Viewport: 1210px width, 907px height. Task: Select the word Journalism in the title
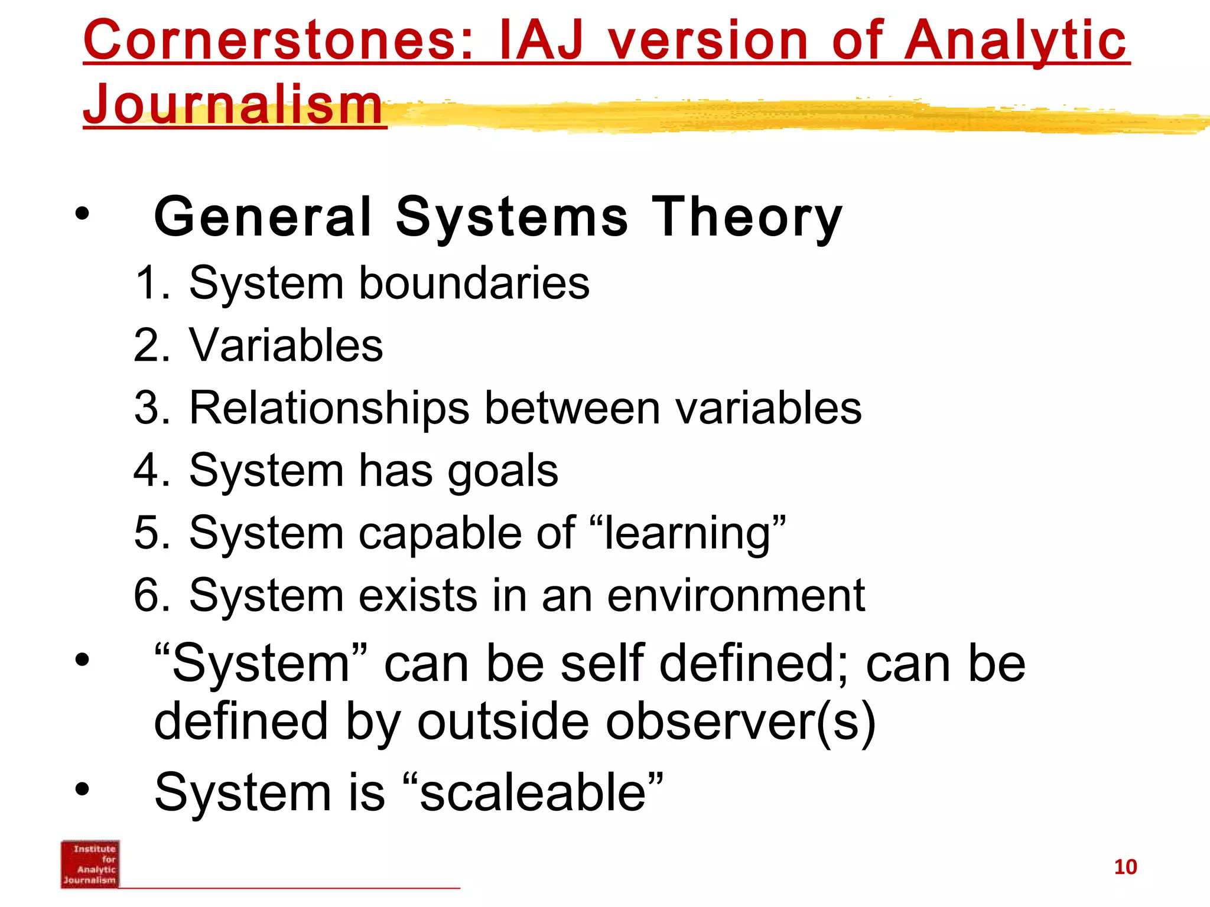tap(233, 105)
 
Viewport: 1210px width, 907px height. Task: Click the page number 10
tap(1125, 867)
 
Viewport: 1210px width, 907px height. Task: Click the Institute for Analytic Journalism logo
tap(90, 864)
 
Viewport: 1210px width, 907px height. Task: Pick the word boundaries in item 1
tap(474, 283)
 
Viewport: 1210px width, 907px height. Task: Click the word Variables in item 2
tap(286, 345)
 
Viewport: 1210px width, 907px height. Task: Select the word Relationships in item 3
tap(329, 408)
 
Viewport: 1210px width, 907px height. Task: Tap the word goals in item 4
tap(502, 471)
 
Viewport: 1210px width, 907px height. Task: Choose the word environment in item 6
tap(736, 595)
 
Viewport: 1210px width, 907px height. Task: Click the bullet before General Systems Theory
tap(82, 214)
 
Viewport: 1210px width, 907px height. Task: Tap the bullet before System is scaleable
tap(82, 789)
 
